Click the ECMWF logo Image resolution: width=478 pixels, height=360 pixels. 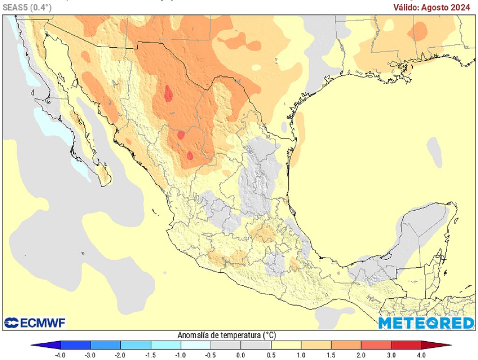pyautogui.click(x=35, y=323)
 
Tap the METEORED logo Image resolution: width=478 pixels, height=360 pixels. pyautogui.click(x=426, y=323)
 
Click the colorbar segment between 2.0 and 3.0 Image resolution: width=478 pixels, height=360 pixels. pyautogui.click(x=376, y=346)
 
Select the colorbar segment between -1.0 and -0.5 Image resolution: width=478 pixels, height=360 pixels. pyautogui.click(x=196, y=346)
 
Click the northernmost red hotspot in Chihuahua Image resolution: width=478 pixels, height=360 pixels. pyautogui.click(x=169, y=95)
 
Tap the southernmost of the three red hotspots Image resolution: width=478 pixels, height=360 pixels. pyautogui.click(x=190, y=155)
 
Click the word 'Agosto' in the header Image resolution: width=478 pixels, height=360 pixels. pyautogui.click(x=437, y=7)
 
